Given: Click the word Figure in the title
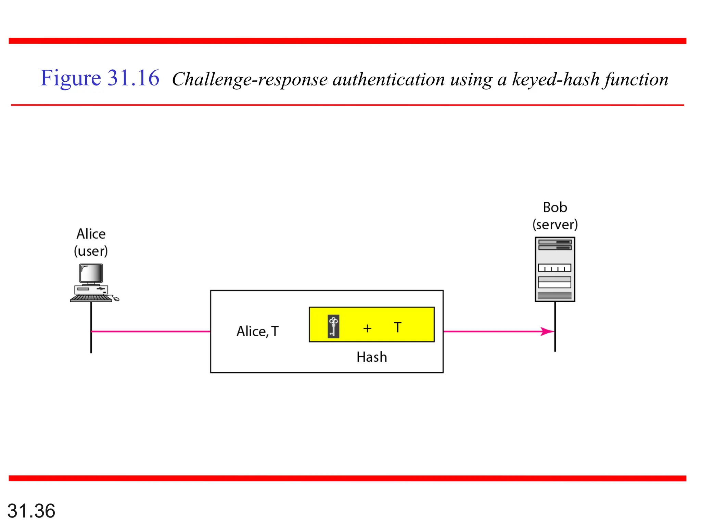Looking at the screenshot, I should [71, 78].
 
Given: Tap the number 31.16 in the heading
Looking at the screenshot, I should [133, 78].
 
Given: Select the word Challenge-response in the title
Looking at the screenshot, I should [250, 80].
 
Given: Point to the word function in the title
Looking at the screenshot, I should [636, 80].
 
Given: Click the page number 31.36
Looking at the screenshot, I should [31, 511].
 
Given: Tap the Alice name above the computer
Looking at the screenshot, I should [91, 234].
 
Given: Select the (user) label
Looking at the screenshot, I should [91, 251].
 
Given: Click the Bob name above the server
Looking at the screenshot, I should [555, 207].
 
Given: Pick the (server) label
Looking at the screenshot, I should [555, 225].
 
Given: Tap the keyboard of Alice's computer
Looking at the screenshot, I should [91, 298].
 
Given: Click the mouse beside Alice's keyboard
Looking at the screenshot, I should [116, 299].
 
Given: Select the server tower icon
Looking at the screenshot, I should [555, 269].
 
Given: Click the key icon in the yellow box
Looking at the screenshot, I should [333, 326].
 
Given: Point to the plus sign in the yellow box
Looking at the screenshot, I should [367, 328].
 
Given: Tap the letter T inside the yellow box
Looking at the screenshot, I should [397, 327].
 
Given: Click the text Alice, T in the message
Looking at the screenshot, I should [258, 332].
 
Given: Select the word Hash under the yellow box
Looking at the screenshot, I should [372, 357].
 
